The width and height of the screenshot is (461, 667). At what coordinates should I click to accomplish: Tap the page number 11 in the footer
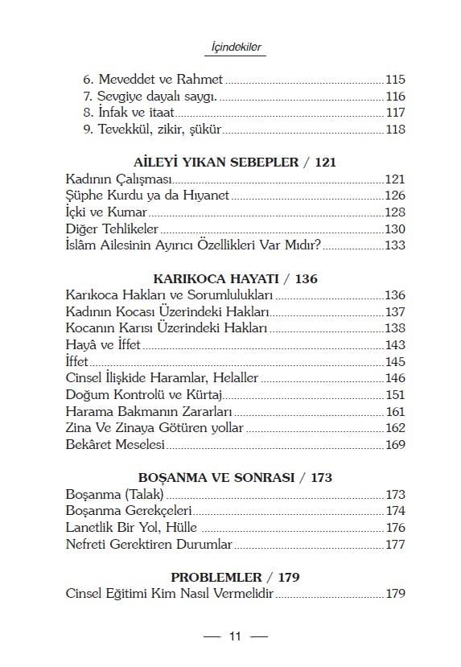[x=235, y=636]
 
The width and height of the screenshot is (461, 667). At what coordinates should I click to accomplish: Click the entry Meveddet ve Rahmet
[x=153, y=80]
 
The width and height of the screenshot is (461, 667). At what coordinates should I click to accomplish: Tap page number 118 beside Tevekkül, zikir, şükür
[x=395, y=130]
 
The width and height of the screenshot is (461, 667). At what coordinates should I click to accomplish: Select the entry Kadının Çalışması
[x=118, y=179]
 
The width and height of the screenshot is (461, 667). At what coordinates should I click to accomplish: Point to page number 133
[x=395, y=245]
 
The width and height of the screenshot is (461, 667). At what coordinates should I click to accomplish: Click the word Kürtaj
[x=203, y=395]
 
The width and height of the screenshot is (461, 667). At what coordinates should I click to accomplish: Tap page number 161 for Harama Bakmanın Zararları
[x=395, y=411]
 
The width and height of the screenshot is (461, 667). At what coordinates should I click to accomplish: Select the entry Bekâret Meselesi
[x=114, y=444]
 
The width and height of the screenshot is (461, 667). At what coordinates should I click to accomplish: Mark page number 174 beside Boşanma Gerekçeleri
[x=395, y=511]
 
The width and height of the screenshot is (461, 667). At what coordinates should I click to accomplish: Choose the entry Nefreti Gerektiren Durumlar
[x=148, y=545]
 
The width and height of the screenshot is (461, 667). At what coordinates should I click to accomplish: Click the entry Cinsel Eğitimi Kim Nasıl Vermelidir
[x=170, y=595]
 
